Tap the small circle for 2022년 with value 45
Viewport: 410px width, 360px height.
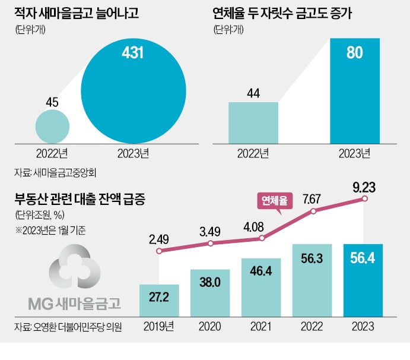coord(52,126)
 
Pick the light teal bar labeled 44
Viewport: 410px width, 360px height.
coord(253,122)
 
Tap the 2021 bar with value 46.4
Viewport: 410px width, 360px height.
coord(261,288)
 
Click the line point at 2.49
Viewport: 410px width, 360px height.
coord(158,251)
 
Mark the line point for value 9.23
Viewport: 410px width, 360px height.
coord(364,200)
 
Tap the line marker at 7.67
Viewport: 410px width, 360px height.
coord(313,211)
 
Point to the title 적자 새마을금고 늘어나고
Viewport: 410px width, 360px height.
coord(76,13)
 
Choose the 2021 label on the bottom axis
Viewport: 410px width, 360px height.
coord(262,327)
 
